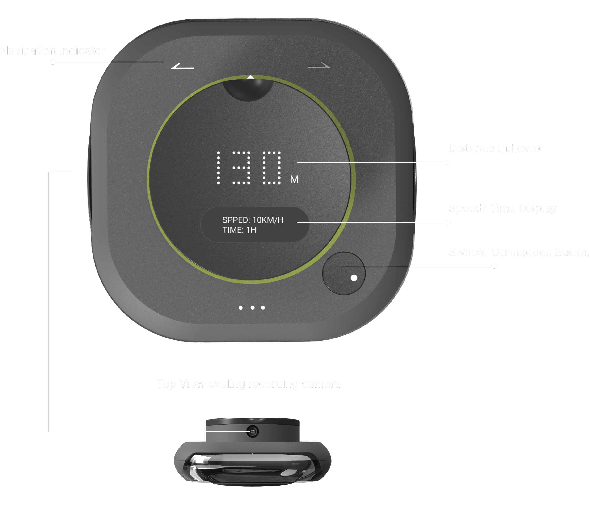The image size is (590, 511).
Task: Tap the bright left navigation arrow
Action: coord(182,66)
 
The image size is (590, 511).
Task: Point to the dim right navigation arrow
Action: coord(319,66)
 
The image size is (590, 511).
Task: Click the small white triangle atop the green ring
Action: coord(250,77)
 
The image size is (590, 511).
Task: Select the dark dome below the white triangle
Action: coord(248,90)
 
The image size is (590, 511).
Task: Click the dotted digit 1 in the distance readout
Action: coord(219,168)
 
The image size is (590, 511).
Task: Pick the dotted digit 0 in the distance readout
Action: coord(271,168)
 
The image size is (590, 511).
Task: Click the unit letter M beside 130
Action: coord(294,179)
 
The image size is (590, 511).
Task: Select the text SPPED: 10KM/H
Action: coord(253,220)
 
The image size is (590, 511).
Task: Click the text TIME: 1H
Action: coord(239,230)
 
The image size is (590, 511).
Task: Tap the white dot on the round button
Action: coord(354,278)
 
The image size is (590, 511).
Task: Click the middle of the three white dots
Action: coord(252,308)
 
